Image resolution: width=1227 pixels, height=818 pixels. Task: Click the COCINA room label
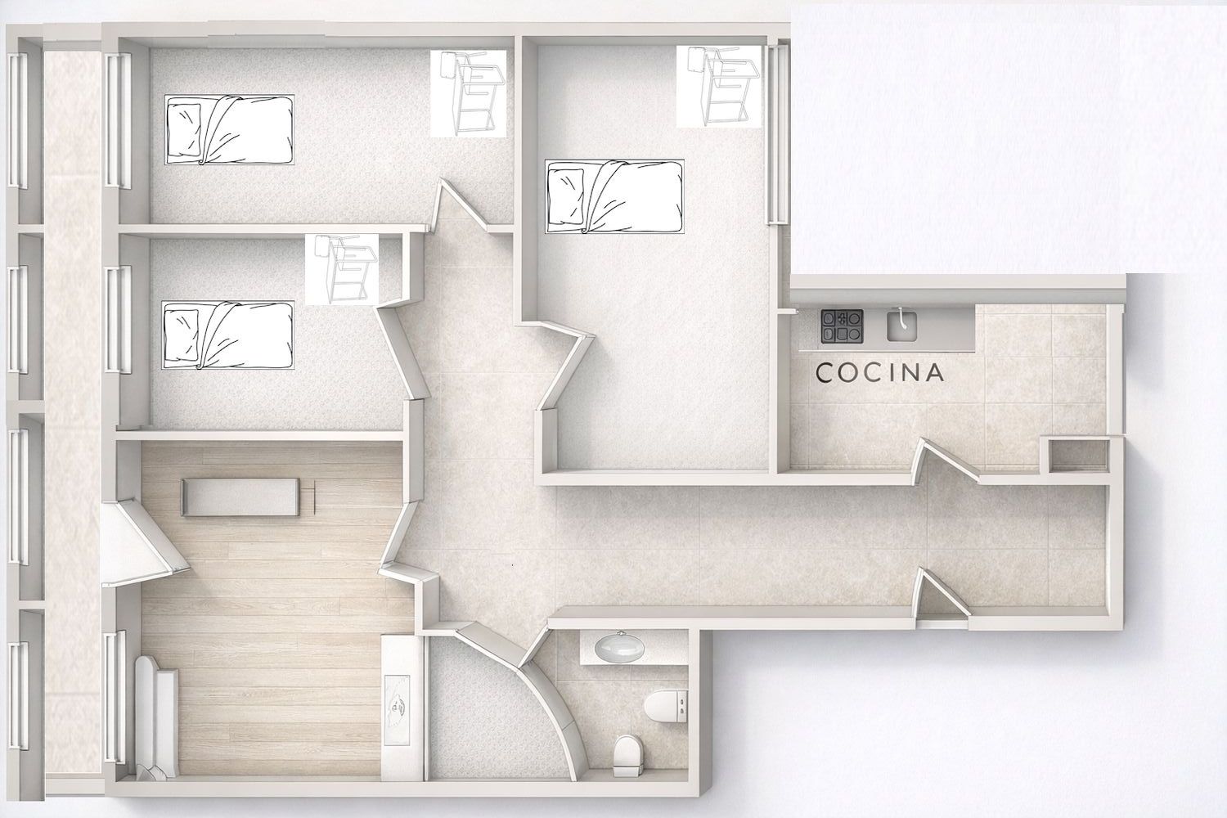click(x=879, y=372)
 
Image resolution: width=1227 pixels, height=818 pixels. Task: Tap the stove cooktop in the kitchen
click(x=842, y=326)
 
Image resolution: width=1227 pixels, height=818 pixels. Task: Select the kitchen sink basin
click(x=903, y=325)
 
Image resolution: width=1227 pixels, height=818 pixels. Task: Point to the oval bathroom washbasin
click(x=619, y=646)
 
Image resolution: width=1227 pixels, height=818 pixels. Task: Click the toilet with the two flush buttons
click(x=666, y=707)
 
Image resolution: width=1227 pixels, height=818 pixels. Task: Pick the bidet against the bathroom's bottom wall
click(x=627, y=756)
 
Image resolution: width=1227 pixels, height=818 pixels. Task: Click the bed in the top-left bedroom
click(x=230, y=130)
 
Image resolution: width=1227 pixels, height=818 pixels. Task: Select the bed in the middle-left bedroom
click(x=228, y=335)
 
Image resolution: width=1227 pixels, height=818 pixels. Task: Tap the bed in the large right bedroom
click(x=614, y=196)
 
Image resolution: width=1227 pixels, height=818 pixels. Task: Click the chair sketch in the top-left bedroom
click(x=472, y=92)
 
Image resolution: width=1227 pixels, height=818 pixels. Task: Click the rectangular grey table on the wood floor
click(x=241, y=497)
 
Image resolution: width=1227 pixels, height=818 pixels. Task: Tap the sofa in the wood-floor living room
click(x=157, y=717)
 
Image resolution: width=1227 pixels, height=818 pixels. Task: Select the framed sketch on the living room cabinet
click(x=397, y=710)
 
